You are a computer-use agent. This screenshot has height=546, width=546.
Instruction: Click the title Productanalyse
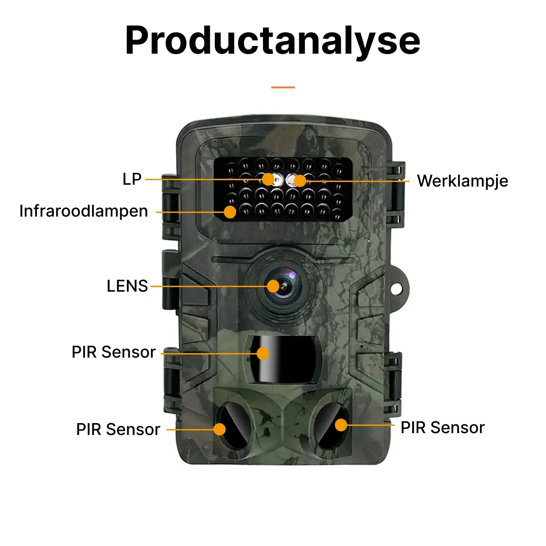(273, 41)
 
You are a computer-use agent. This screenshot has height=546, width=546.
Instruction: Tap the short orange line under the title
(283, 87)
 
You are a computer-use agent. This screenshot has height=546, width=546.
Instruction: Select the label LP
(132, 179)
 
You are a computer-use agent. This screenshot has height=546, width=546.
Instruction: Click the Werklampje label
(462, 181)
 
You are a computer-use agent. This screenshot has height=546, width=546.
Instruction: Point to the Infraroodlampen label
(84, 211)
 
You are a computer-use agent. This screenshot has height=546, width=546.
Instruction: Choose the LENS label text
(127, 286)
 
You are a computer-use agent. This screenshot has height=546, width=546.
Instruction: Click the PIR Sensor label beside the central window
(114, 352)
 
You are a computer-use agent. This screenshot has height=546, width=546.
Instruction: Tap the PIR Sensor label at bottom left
(118, 430)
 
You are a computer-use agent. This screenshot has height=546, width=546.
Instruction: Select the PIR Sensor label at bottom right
(442, 428)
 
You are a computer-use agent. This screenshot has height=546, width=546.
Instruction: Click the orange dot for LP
(268, 179)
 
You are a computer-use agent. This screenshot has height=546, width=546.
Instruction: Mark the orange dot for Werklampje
(299, 181)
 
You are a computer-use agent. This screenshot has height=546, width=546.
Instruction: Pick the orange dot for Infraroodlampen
(230, 212)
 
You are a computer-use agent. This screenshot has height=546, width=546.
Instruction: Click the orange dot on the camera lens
(273, 286)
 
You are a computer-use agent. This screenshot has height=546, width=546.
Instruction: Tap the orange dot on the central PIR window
(263, 353)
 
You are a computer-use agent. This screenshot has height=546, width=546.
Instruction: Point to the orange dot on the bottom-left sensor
(219, 429)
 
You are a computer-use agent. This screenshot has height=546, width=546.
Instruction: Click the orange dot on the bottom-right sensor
(341, 425)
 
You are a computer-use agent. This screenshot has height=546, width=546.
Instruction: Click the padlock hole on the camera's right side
(397, 288)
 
